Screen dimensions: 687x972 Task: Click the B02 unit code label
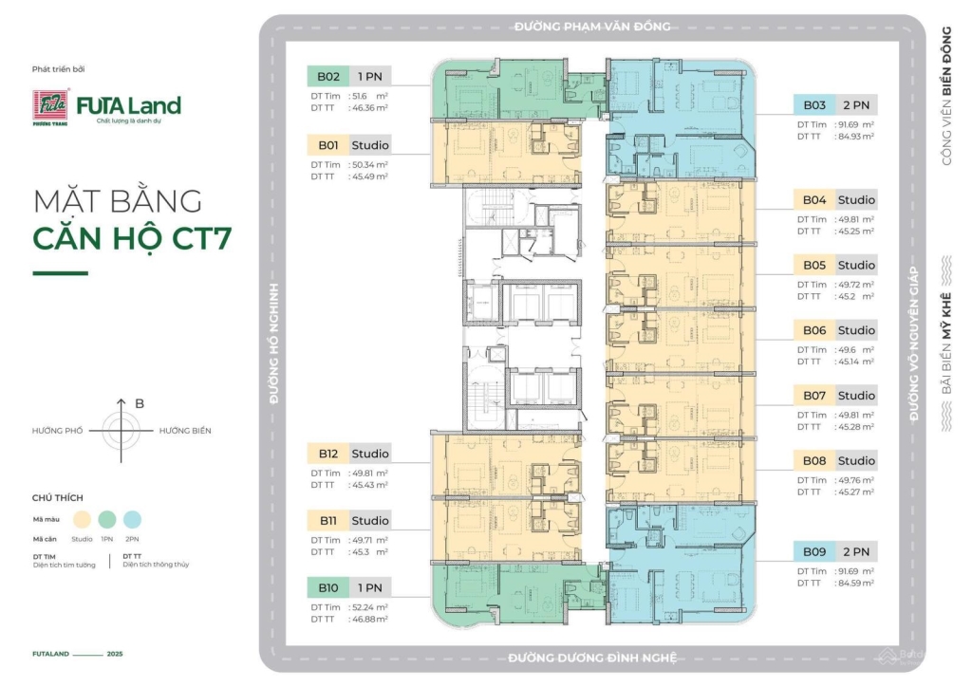tap(327, 77)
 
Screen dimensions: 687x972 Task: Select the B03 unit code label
tap(814, 105)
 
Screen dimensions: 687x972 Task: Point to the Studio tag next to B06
tap(855, 330)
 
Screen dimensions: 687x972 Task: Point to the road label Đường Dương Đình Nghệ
tap(593, 659)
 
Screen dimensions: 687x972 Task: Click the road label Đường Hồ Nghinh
tap(273, 343)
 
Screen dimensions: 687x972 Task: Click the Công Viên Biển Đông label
tap(945, 96)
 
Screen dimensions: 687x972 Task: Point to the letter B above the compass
tap(140, 403)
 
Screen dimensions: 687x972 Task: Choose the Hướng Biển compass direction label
tap(185, 431)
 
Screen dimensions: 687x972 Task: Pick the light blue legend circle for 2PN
tap(133, 518)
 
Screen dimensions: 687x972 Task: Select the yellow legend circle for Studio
tap(82, 518)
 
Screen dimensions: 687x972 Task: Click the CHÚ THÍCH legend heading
tap(58, 497)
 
